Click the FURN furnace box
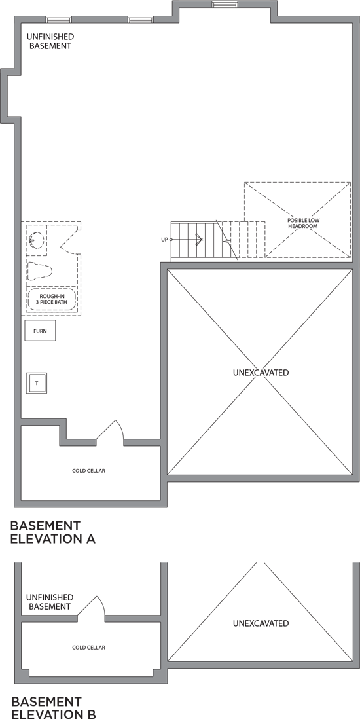(40, 331)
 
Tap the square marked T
(37, 383)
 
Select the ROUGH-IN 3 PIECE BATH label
(51, 299)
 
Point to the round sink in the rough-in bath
(37, 240)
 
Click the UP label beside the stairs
(164, 240)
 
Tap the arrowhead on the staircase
(199, 240)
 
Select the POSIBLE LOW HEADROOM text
(304, 223)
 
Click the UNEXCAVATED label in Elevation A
(261, 373)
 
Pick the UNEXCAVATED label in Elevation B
(261, 623)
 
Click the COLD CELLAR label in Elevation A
(88, 470)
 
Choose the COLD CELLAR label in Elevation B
(88, 648)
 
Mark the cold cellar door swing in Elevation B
(92, 606)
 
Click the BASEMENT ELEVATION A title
(53, 532)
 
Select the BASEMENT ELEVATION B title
(54, 707)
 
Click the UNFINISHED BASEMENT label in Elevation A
(50, 41)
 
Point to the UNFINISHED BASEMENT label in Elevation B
(50, 602)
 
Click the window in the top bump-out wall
(225, 5)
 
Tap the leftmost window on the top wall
(59, 20)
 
